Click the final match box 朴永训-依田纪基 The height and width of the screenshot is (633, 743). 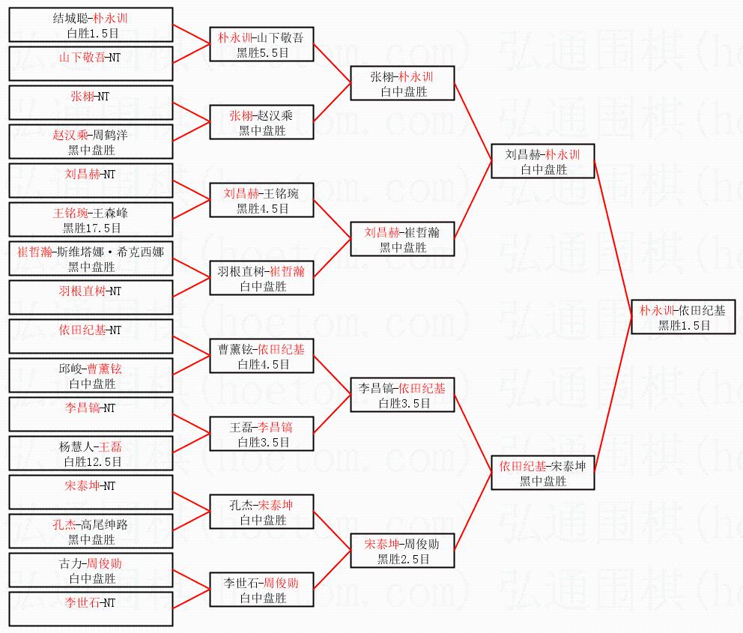point(683,317)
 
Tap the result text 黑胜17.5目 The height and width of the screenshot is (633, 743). point(92,228)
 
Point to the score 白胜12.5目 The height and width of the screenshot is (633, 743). point(93,461)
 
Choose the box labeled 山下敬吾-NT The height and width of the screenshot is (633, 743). point(91,64)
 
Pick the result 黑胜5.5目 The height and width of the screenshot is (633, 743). point(263,52)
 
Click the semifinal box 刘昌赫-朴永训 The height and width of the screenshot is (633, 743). point(543,161)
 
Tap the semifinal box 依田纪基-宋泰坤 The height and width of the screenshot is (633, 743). point(543,473)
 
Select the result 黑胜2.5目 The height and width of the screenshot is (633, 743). point(403,559)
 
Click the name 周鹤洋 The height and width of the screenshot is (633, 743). point(110,135)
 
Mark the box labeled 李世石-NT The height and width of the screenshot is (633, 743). point(91,609)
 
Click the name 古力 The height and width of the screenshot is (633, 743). point(71,563)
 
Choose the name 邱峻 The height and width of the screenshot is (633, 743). point(70,369)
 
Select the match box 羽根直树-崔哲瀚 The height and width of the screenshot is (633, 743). point(262,278)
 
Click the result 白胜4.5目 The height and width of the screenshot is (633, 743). point(264,364)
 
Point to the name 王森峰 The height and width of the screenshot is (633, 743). point(110,213)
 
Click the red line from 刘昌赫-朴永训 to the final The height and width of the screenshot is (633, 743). point(613,239)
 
